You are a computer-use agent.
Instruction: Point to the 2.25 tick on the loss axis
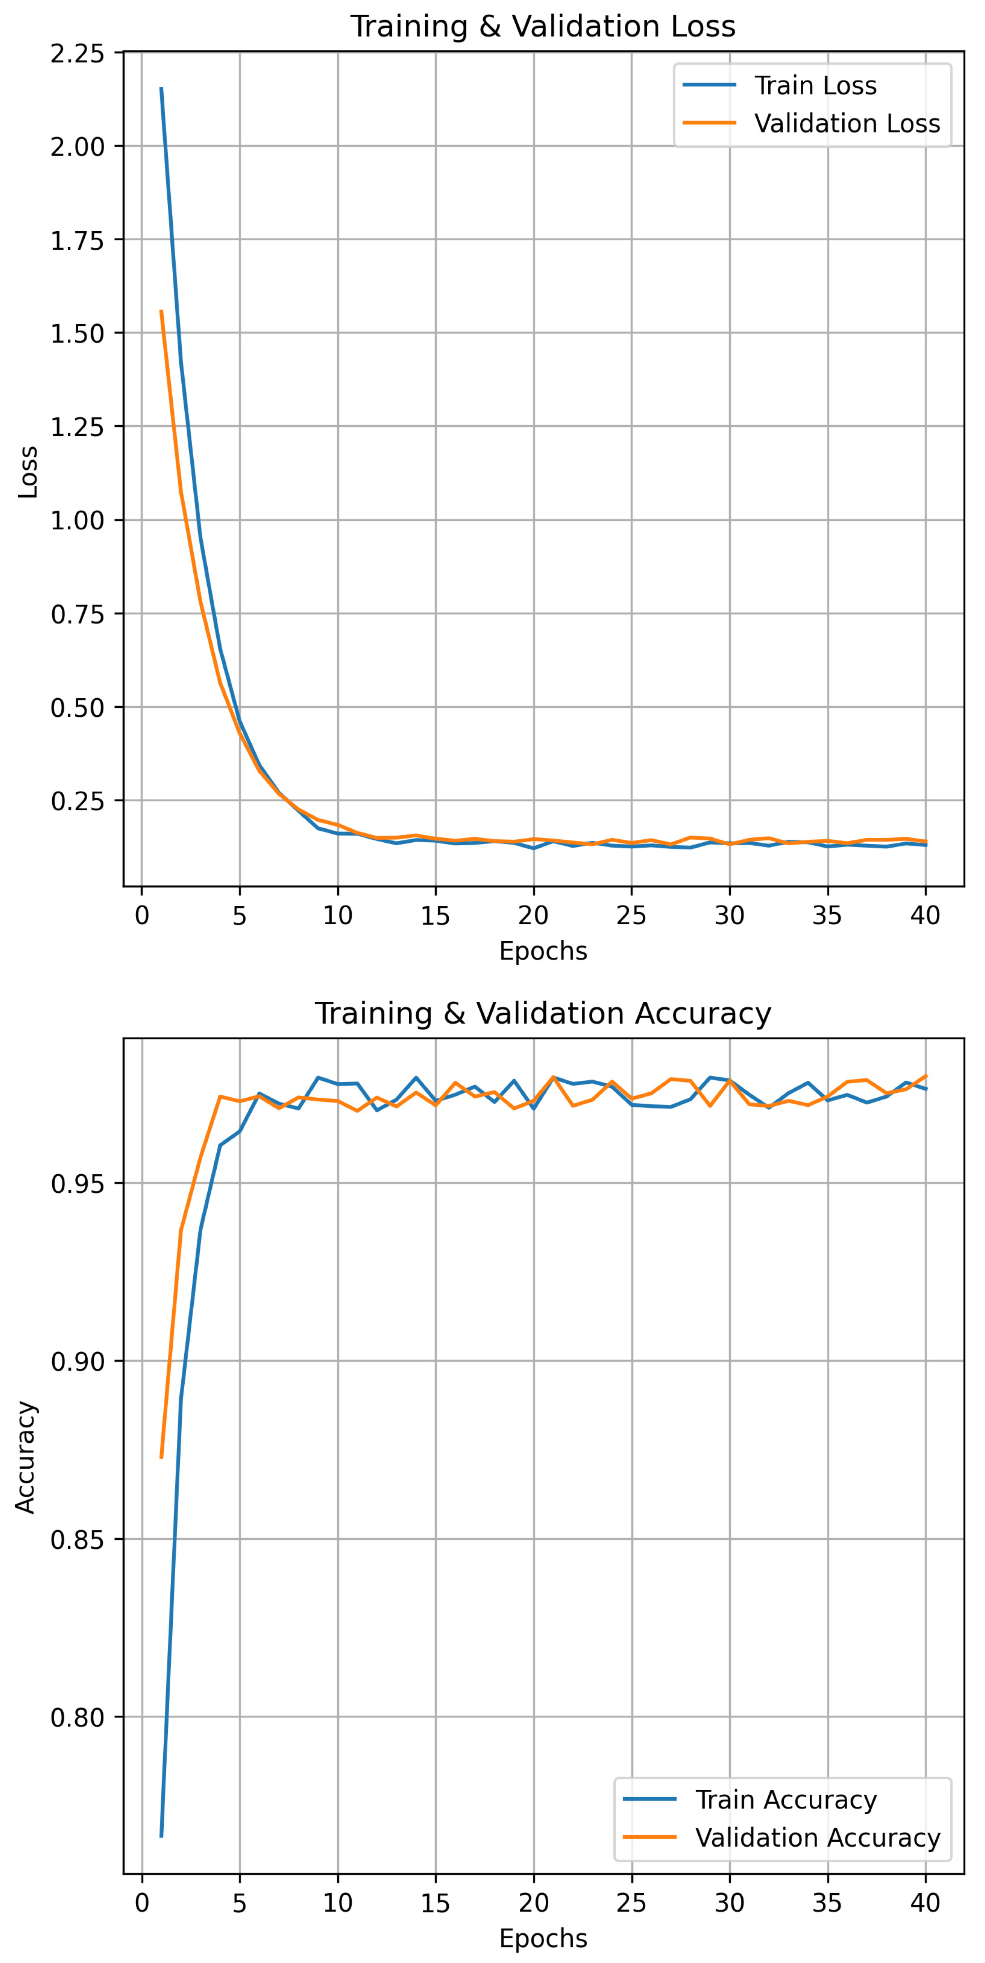tap(77, 53)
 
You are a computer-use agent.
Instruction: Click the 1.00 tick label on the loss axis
tap(77, 521)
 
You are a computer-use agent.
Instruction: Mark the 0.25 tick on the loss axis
tap(77, 801)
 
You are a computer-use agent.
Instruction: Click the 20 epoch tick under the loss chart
tap(533, 915)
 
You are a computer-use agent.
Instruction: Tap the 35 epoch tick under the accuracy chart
tap(827, 1903)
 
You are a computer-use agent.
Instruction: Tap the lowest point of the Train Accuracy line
tap(161, 1836)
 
